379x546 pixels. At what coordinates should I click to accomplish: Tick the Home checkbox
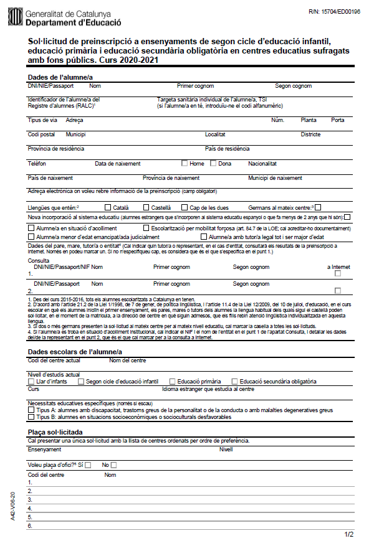185,164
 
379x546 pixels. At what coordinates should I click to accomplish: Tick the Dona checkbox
213,164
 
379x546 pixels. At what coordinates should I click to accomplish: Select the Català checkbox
108,207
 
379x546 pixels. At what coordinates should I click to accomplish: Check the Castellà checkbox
146,207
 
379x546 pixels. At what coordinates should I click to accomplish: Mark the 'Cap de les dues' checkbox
185,207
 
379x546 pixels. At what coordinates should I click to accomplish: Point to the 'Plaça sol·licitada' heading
57,432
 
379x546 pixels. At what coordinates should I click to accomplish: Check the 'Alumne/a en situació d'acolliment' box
31,228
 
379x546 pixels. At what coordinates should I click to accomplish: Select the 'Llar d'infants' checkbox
31,381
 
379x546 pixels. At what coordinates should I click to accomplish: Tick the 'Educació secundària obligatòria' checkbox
234,381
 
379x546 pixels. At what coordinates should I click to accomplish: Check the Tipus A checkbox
31,410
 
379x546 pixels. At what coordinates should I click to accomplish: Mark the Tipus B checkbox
31,417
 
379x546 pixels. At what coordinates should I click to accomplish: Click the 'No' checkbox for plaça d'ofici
113,465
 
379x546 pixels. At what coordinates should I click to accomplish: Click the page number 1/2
349,534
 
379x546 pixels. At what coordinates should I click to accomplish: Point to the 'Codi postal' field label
41,134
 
